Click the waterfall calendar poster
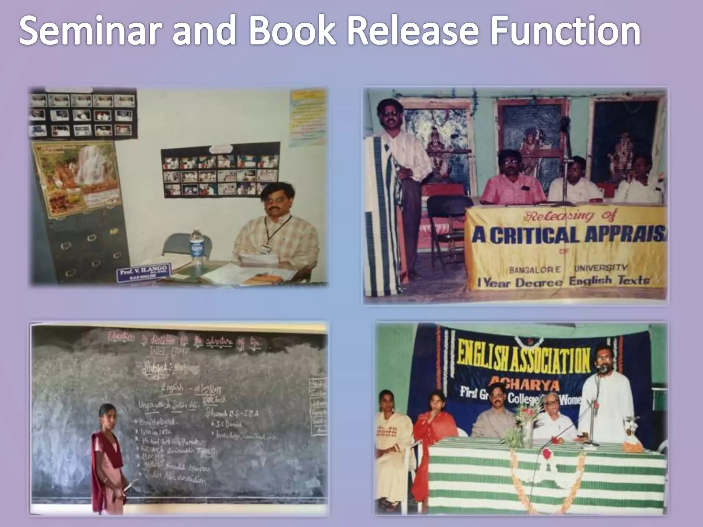pyautogui.click(x=76, y=178)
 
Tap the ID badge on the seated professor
pyautogui.click(x=264, y=249)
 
